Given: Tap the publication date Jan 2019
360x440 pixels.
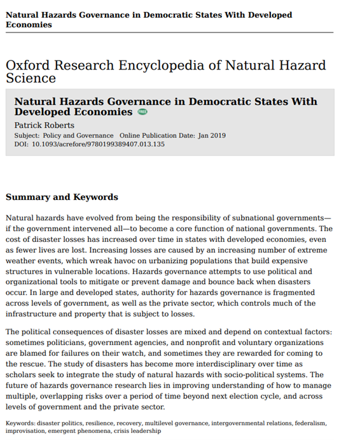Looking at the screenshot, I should [x=212, y=136].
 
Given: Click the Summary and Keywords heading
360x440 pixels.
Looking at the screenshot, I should [x=62, y=197].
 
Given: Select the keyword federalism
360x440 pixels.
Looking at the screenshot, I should [x=309, y=422].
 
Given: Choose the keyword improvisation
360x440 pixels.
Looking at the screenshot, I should [x=24, y=430].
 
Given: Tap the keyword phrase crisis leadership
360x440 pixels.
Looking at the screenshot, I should [x=139, y=430].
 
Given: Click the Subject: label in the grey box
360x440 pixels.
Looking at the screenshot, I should [x=27, y=136].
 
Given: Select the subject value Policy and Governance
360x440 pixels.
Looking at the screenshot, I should [x=78, y=136].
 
